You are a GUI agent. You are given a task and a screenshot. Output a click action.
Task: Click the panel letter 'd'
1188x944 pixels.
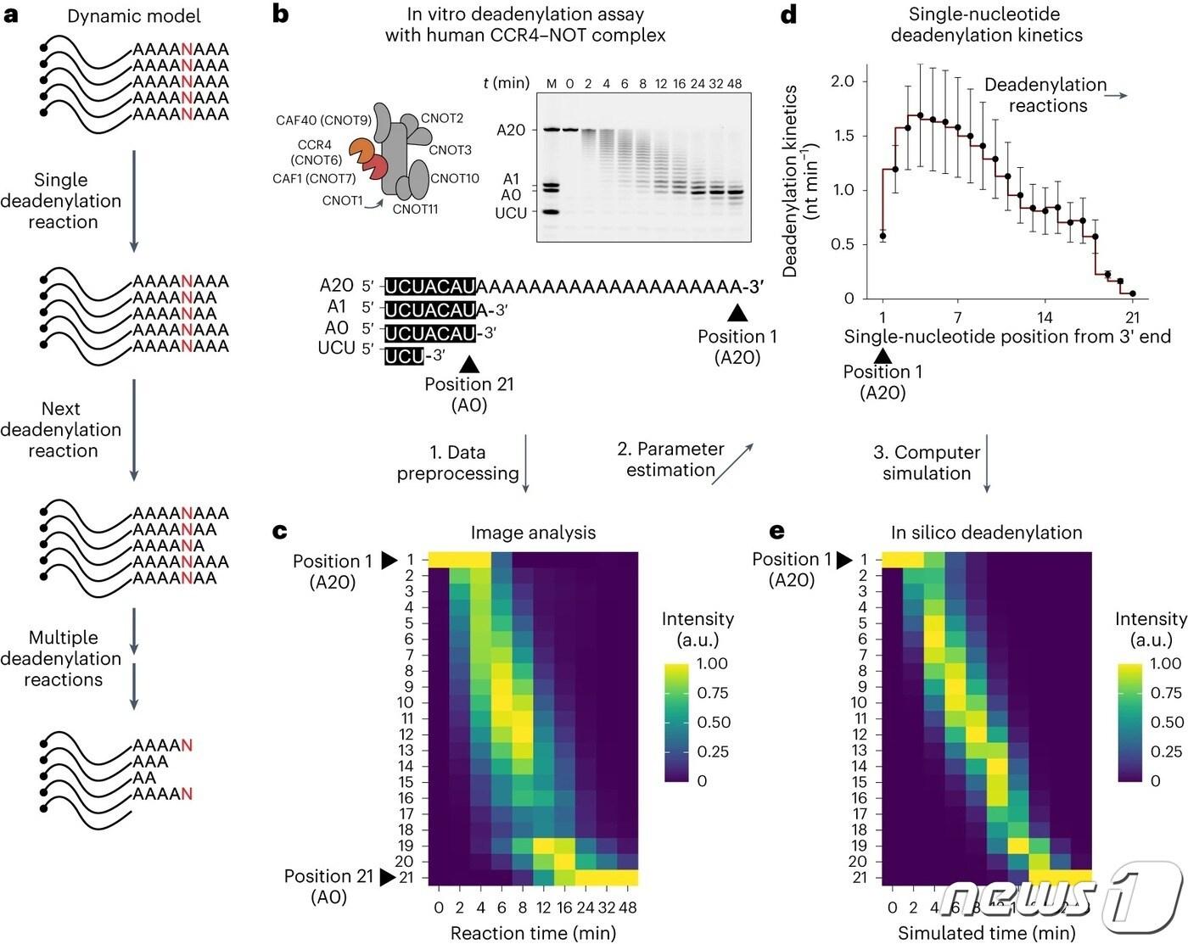pyautogui.click(x=789, y=15)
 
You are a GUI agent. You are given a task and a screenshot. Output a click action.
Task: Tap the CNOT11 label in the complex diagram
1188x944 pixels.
pyautogui.click(x=415, y=209)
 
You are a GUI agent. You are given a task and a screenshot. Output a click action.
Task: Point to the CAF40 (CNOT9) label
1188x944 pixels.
pyautogui.click(x=323, y=120)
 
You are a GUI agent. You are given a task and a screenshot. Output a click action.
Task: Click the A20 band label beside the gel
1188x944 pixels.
pyautogui.click(x=511, y=130)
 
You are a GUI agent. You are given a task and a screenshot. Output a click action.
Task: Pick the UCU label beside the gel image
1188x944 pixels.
pyautogui.click(x=511, y=213)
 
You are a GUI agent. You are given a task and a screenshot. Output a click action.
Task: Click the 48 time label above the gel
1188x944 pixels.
pyautogui.click(x=734, y=83)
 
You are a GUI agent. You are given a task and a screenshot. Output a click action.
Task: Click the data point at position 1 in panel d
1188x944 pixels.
pyautogui.click(x=883, y=237)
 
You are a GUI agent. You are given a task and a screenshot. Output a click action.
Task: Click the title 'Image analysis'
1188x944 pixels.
pyautogui.click(x=533, y=533)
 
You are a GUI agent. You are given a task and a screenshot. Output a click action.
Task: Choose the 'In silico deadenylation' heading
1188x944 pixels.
pyautogui.click(x=986, y=533)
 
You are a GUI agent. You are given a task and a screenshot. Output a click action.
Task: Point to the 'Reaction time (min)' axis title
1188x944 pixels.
pyautogui.click(x=533, y=933)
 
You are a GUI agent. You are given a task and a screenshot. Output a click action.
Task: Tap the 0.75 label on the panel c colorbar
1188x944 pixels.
pyautogui.click(x=713, y=693)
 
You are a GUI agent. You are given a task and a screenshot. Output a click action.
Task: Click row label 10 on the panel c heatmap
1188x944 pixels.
pyautogui.click(x=406, y=702)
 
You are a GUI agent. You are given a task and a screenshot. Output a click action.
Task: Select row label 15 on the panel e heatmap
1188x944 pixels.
pyautogui.click(x=859, y=782)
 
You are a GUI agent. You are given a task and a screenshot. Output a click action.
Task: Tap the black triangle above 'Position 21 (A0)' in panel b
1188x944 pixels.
pyautogui.click(x=468, y=364)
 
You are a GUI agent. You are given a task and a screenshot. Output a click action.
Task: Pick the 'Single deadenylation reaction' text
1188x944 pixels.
pyautogui.click(x=61, y=201)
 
